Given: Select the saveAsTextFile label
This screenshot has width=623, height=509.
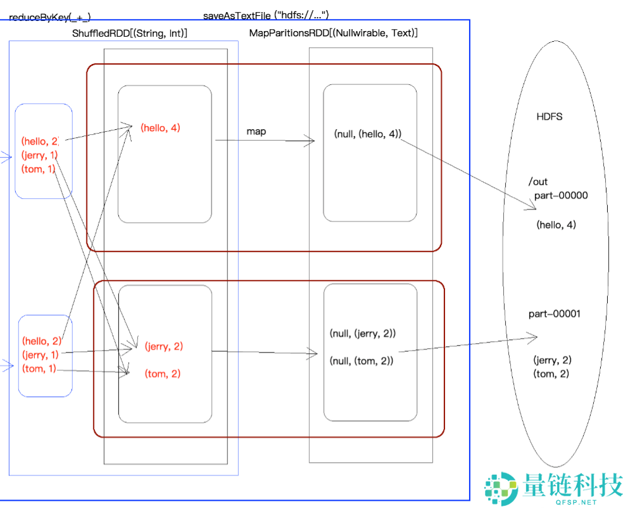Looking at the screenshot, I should tap(266, 15).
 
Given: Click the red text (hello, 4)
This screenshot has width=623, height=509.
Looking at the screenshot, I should tap(160, 128).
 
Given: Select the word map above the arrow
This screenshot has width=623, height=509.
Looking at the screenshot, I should tap(256, 131).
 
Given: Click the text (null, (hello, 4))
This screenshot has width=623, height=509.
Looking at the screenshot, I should tap(367, 134).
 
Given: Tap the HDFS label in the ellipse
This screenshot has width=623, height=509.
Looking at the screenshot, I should tap(549, 116).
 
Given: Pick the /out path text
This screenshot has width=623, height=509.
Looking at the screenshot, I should tap(538, 182).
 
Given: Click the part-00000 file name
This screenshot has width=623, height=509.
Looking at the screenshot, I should tap(561, 195).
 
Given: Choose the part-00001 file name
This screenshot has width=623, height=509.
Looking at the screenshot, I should tap(555, 313).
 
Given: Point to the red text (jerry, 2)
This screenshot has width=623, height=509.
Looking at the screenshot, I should tap(163, 346).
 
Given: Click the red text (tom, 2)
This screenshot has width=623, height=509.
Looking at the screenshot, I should tap(163, 374).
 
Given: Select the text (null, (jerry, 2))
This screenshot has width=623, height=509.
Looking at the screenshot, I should tap(363, 333).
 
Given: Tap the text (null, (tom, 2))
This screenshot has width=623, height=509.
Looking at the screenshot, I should tap(362, 361).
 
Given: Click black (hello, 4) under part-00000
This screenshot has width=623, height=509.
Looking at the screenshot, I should tap(556, 224).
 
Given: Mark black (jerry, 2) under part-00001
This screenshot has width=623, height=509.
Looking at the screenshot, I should tap(552, 360).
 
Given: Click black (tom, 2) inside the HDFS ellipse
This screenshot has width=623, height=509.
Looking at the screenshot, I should tap(551, 374).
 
